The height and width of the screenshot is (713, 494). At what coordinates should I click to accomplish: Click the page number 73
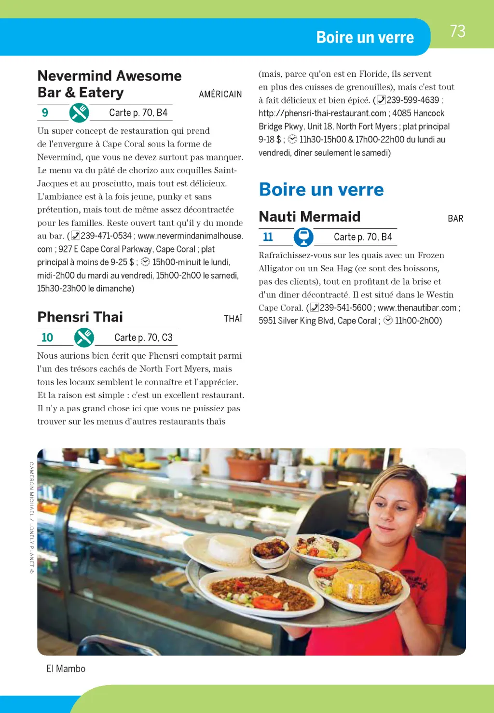tap(457, 31)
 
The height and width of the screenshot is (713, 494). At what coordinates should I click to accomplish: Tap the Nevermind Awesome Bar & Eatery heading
tap(109, 84)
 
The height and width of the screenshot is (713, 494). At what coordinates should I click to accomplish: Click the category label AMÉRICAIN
tap(220, 94)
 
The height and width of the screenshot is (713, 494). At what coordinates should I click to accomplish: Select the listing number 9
tap(45, 112)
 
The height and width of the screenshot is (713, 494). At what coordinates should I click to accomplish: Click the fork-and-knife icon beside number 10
tap(84, 337)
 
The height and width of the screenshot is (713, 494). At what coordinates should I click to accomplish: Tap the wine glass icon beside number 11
tap(303, 237)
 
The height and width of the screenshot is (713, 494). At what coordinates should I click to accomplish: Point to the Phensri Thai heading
tap(80, 317)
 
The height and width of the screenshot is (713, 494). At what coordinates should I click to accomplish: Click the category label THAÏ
tap(233, 319)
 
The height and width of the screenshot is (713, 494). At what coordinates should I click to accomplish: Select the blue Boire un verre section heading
tap(321, 190)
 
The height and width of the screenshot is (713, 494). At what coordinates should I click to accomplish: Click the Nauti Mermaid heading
tap(310, 217)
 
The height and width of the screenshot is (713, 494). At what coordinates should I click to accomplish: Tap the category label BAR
tap(455, 219)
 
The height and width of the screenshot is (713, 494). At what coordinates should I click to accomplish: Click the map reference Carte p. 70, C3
tap(143, 337)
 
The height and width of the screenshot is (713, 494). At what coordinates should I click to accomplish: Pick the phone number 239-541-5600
tap(345, 308)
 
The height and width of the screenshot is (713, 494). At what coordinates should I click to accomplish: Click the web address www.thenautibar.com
tap(417, 308)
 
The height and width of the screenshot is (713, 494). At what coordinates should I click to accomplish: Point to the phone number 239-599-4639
tap(412, 100)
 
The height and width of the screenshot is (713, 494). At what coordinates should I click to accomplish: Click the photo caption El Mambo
tap(66, 669)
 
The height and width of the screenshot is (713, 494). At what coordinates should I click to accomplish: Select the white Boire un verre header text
tap(365, 38)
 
